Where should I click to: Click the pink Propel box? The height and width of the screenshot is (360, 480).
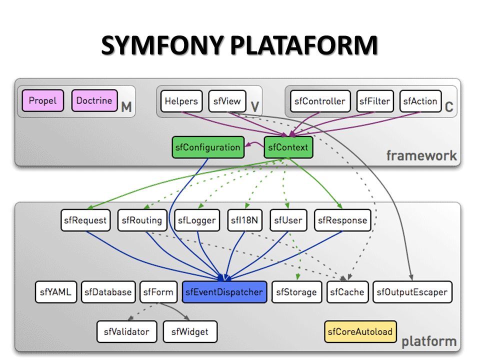(x=43, y=100)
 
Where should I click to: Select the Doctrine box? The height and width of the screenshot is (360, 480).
(x=94, y=100)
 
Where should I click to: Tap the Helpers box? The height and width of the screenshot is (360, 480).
(x=181, y=101)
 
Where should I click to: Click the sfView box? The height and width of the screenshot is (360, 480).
(x=227, y=101)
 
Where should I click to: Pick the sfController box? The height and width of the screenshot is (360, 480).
(x=320, y=101)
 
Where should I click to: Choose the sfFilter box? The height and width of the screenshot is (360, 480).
(x=374, y=101)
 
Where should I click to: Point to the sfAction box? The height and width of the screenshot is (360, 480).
(x=420, y=101)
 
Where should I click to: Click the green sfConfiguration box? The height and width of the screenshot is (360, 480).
(x=208, y=147)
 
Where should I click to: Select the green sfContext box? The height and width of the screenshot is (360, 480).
(x=288, y=147)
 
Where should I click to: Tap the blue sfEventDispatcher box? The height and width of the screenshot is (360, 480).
(x=224, y=292)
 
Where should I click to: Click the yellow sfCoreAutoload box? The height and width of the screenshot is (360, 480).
(x=360, y=331)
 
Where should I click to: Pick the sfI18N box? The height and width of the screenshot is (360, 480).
(x=244, y=220)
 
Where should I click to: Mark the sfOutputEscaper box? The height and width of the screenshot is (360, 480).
(x=412, y=292)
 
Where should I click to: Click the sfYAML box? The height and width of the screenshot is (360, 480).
(x=55, y=292)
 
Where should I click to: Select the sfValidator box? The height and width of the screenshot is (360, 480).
(x=126, y=331)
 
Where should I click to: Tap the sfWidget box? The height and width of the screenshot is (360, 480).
(x=190, y=331)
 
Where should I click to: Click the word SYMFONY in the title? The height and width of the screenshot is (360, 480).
(x=162, y=45)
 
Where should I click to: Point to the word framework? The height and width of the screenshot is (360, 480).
(x=421, y=155)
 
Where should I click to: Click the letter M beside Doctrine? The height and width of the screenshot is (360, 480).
(x=126, y=107)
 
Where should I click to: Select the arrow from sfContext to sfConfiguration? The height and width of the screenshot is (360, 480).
(x=254, y=144)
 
